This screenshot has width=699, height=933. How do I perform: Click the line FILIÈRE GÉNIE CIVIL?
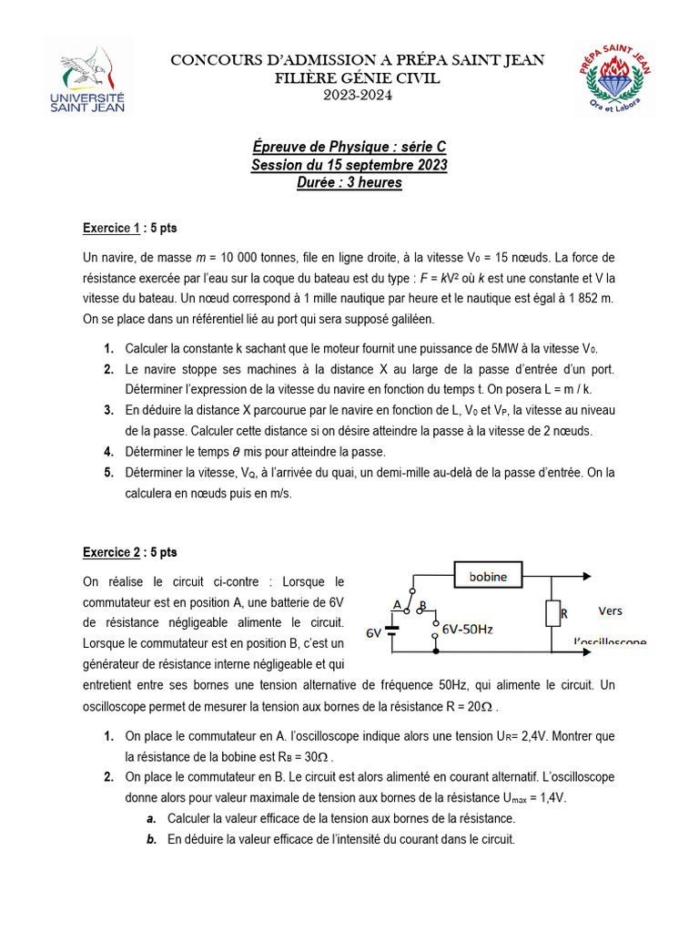coord(358,78)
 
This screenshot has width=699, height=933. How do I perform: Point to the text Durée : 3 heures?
coord(349,182)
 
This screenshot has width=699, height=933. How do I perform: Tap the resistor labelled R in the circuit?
coord(552,614)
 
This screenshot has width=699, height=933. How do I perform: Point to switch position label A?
coord(396,604)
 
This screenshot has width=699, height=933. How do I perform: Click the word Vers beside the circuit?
coord(611,610)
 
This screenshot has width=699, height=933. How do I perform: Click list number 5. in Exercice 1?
coord(108,472)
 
